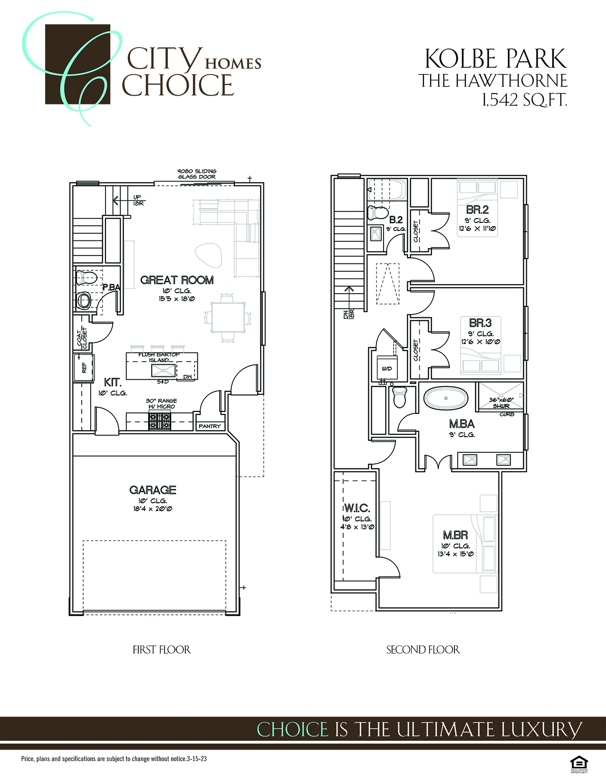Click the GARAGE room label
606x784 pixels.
point(153,490)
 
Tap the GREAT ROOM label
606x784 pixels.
point(177,280)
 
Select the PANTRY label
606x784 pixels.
point(210,426)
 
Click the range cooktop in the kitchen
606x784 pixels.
point(160,421)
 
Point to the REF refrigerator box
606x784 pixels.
point(84,367)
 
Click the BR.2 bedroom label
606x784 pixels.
point(477,210)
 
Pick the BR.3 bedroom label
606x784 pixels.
point(480,323)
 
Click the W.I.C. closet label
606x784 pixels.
point(357,508)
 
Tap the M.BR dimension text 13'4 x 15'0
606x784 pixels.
point(455,554)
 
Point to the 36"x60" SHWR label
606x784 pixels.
point(501,403)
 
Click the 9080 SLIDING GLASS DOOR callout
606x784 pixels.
point(197,174)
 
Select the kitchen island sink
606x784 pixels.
point(163,370)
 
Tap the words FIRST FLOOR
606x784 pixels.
point(162,650)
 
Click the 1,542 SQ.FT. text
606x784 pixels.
point(524,100)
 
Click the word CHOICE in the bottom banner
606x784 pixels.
point(292,729)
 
